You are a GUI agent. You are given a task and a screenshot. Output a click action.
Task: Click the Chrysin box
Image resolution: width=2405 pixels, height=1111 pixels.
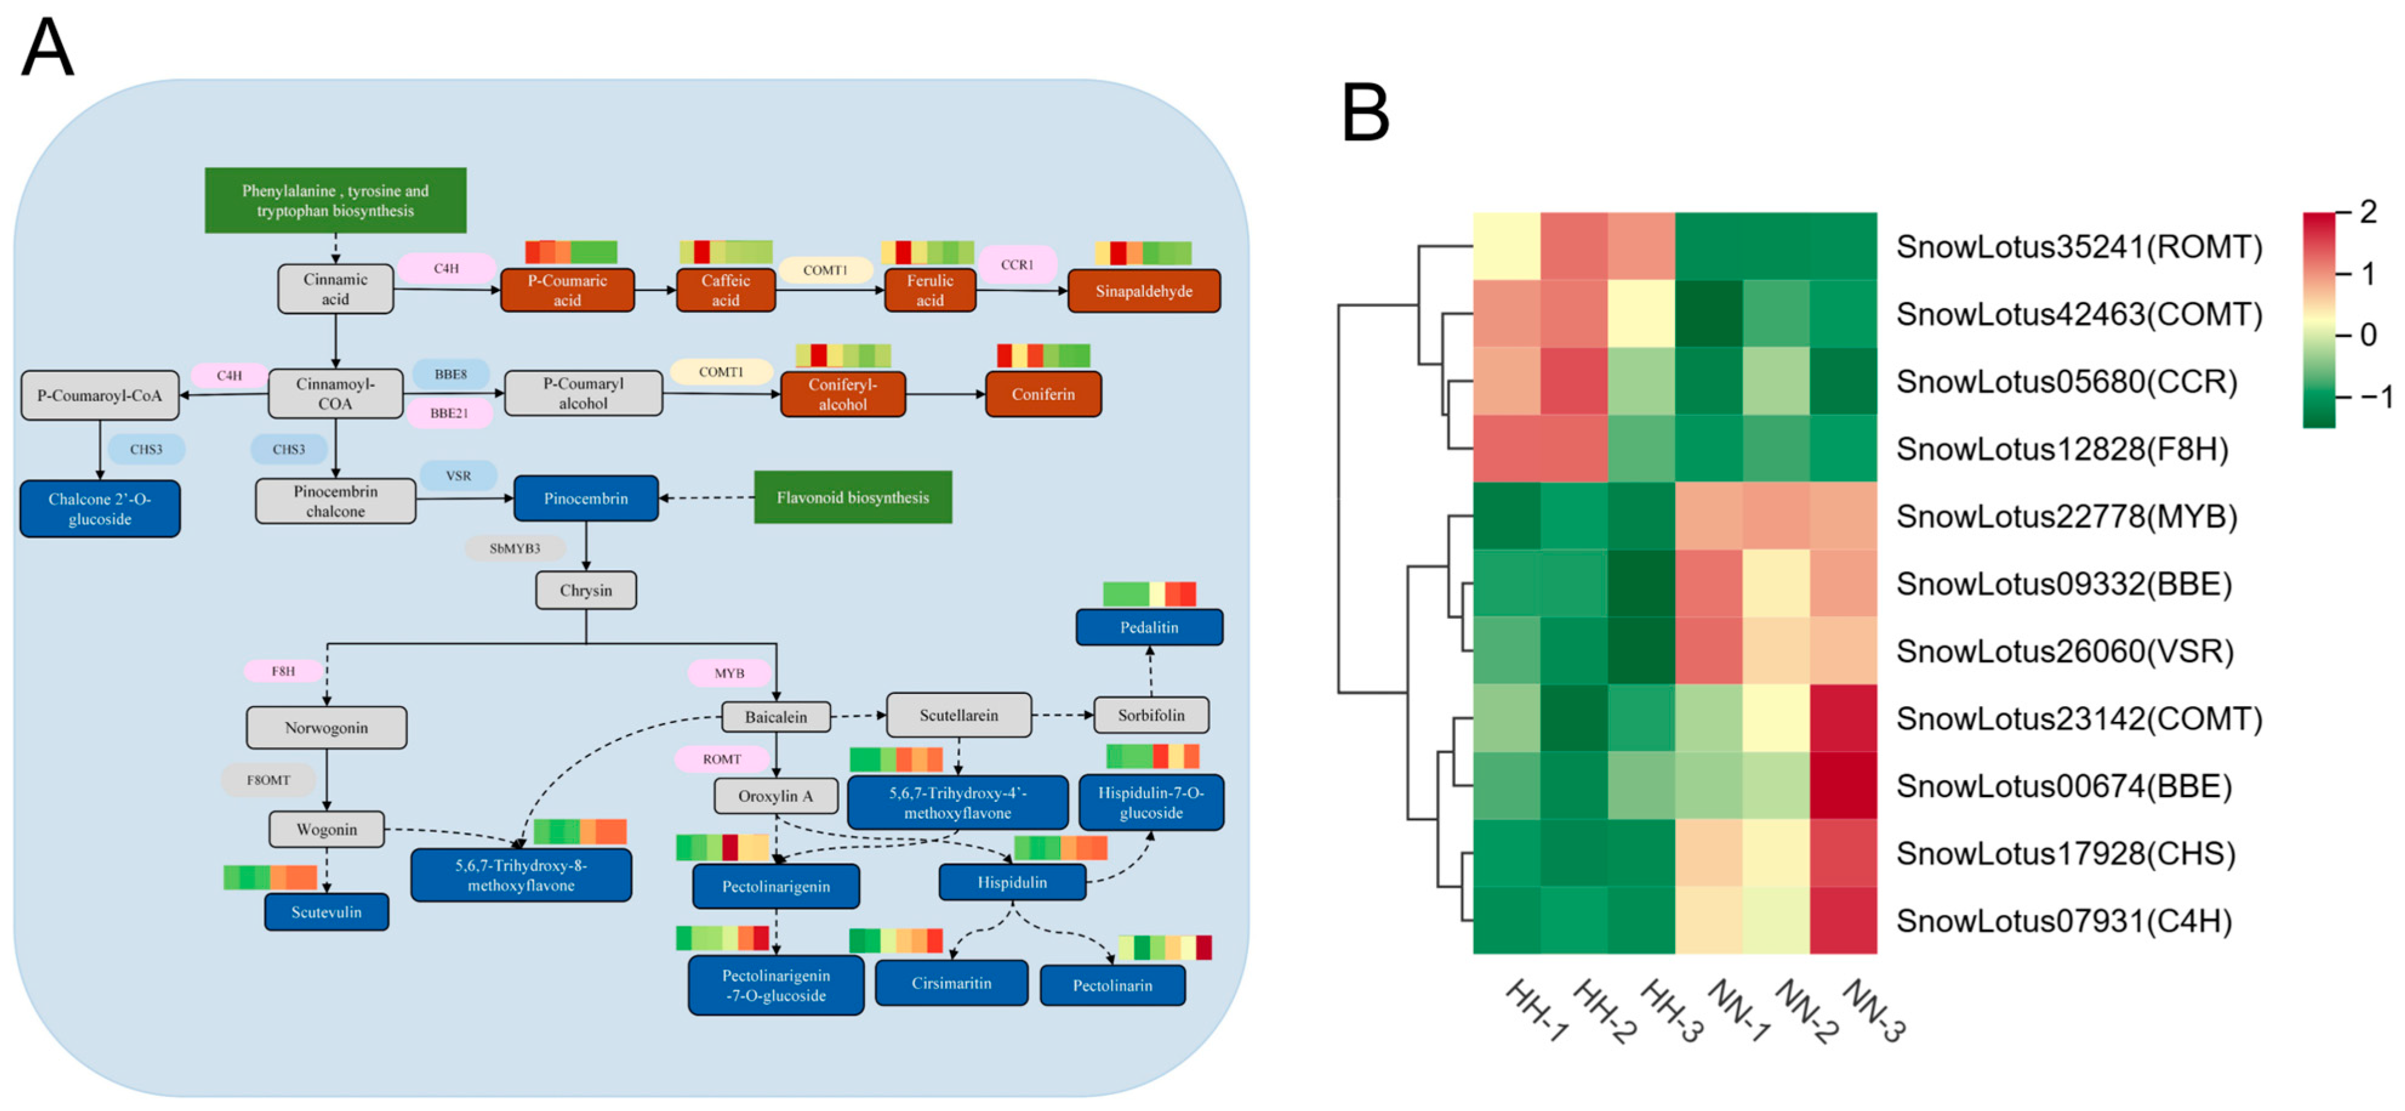click(586, 590)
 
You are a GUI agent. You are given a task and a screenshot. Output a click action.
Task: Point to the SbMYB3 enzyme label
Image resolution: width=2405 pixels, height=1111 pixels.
click(515, 548)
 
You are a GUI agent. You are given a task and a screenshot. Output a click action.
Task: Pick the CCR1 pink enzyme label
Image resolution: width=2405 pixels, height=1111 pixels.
click(1017, 264)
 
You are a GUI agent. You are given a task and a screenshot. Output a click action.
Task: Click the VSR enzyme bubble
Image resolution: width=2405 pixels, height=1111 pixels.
click(458, 475)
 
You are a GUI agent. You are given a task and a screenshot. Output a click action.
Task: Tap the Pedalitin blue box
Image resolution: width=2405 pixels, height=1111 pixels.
click(1148, 627)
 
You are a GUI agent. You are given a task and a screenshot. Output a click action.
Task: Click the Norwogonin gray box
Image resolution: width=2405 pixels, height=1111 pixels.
click(326, 727)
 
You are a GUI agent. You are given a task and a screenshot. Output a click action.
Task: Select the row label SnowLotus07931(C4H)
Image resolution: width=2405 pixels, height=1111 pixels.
click(2063, 921)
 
